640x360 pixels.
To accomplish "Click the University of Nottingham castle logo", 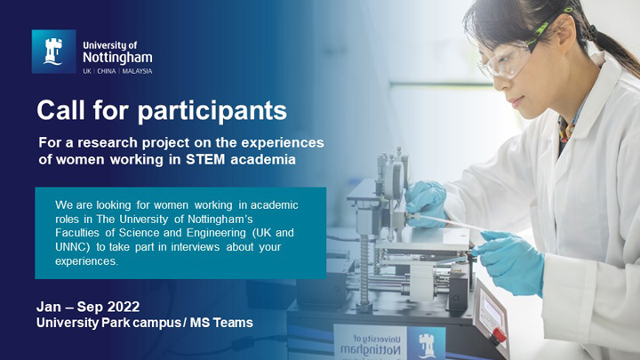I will pyautogui.click(x=53, y=52).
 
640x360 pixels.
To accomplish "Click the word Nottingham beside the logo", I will pyautogui.click(x=116, y=57).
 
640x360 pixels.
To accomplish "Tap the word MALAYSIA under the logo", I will pyautogui.click(x=136, y=70).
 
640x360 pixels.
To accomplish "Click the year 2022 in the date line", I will pyautogui.click(x=121, y=307).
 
